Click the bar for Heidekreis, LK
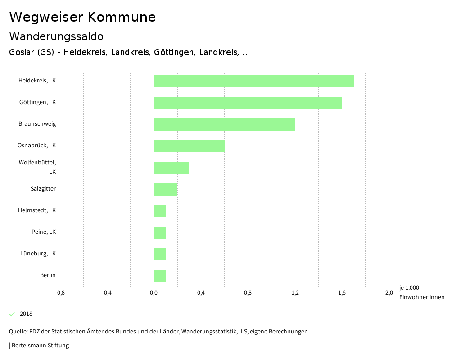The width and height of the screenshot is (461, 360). pos(253,81)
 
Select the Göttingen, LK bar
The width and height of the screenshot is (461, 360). pos(248,103)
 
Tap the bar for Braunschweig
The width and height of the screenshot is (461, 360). pos(224,124)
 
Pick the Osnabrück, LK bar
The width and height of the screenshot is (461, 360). pos(189,146)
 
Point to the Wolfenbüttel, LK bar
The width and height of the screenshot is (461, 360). pos(172,168)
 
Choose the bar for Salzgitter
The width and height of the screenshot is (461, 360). pos(166,189)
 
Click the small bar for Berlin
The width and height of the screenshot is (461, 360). pos(160,276)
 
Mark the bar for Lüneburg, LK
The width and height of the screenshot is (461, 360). pos(160,254)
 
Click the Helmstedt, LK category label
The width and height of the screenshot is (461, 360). pos(37,210)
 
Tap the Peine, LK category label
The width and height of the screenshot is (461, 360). pos(44,232)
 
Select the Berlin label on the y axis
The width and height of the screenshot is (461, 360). pos(48,275)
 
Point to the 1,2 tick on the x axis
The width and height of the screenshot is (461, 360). pos(295,293)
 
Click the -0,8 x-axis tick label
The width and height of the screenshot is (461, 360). pos(60,293)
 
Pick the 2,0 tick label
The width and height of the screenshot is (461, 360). pos(389,293)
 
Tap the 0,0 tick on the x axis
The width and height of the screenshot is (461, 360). pos(154,293)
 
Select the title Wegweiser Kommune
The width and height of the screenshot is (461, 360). pos(82,17)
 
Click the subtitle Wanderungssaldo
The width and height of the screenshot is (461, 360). pos(56,36)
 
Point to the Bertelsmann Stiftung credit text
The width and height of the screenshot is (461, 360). pos(40,346)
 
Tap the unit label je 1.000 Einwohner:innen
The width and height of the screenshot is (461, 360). pos(421,292)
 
